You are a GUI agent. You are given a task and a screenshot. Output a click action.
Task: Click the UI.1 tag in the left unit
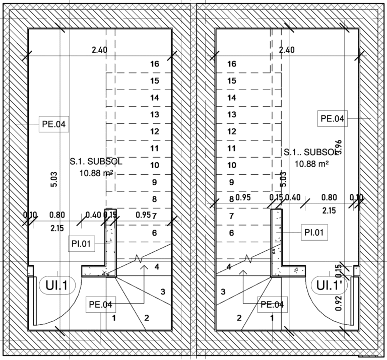point(57,286)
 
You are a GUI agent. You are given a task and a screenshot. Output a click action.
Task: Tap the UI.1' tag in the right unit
point(330,285)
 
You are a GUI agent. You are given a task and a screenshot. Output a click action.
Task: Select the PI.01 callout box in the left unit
point(81,244)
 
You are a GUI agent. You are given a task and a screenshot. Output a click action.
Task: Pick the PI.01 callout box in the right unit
point(315,232)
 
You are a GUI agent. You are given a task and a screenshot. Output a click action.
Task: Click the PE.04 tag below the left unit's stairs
point(100,304)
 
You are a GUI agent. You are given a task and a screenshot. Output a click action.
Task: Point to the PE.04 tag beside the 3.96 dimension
point(332,119)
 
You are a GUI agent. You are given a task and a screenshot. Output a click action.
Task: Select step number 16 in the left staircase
point(155,64)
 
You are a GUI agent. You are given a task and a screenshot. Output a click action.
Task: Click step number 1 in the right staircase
point(272,317)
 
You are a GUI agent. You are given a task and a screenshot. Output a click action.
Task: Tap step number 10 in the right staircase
point(232,165)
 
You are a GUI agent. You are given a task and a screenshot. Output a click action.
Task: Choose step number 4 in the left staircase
point(157,266)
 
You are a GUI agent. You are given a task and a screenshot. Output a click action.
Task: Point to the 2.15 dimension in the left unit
point(57,228)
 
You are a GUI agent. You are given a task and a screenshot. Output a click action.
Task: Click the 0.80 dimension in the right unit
point(330,197)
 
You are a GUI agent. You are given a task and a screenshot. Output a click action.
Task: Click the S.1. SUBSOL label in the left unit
point(96,162)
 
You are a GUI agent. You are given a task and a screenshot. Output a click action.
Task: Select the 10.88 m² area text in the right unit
point(311,164)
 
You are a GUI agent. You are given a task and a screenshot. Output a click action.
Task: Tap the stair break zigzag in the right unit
point(247,259)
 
